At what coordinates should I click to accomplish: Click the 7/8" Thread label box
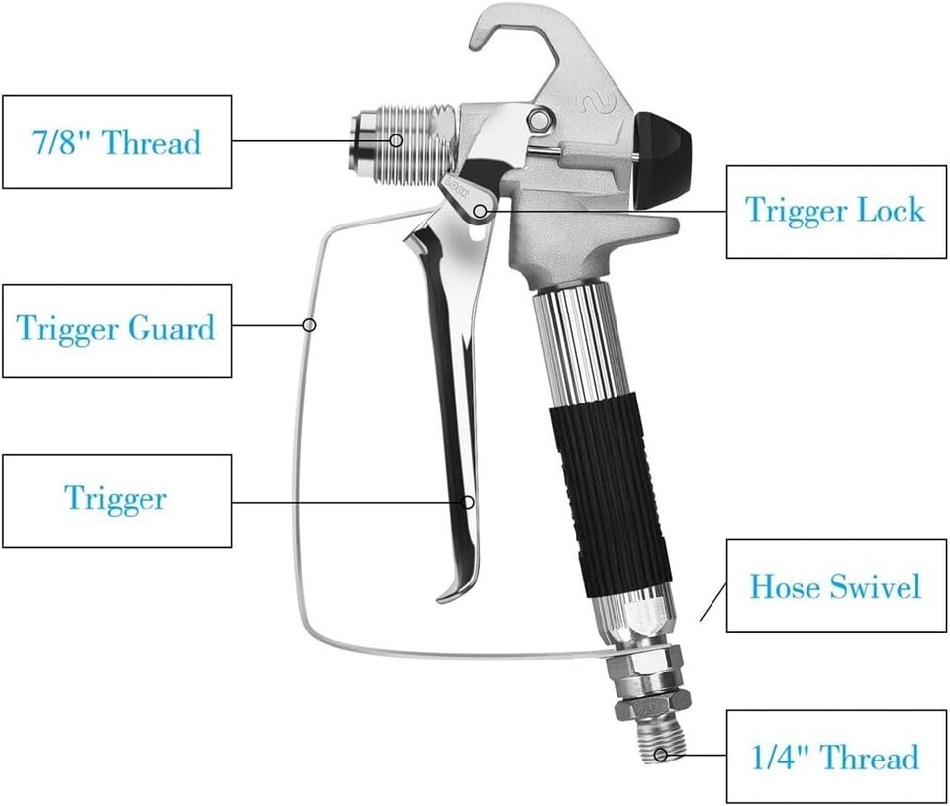click(x=117, y=141)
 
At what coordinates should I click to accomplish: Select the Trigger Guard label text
click(x=116, y=328)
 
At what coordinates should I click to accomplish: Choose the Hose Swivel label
click(x=836, y=585)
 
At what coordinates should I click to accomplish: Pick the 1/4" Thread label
click(x=836, y=757)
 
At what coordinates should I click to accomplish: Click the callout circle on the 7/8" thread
click(x=396, y=140)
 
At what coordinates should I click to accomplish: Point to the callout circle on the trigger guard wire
click(x=309, y=325)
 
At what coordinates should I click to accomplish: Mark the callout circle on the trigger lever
click(x=468, y=502)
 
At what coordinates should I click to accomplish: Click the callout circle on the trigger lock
click(x=481, y=211)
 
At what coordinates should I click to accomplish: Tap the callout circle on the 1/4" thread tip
click(x=661, y=755)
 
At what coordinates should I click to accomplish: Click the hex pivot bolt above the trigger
click(x=538, y=118)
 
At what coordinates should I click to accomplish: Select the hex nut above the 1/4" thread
click(x=651, y=706)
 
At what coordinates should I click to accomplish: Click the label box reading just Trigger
click(x=117, y=500)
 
